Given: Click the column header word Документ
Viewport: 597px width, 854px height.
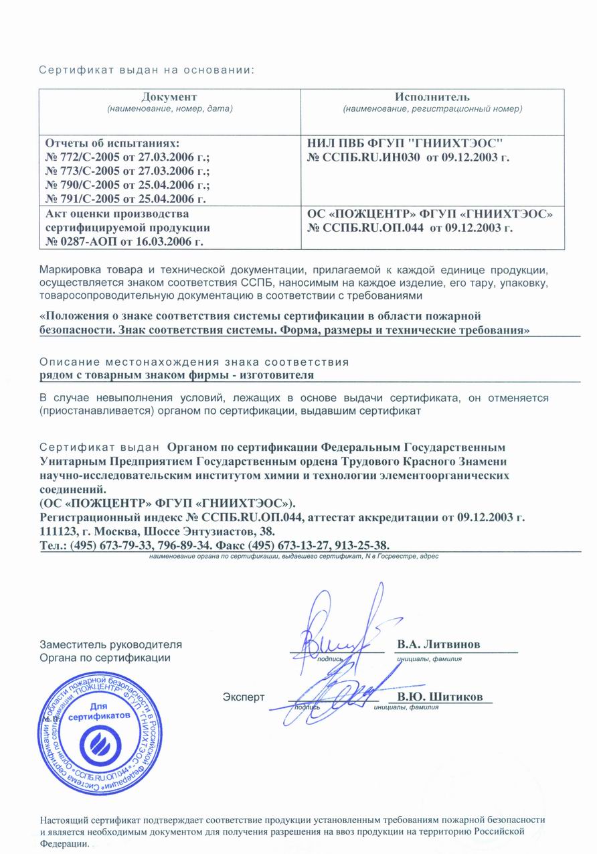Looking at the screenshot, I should (169, 97).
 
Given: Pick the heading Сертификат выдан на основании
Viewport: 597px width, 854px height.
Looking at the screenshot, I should (146, 70).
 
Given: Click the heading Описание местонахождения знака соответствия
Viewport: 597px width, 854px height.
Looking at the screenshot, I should (194, 362).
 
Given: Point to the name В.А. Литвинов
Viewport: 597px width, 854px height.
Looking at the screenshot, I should (438, 644).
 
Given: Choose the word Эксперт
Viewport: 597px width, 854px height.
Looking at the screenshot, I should (244, 697).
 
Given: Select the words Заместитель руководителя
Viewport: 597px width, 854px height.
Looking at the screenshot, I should (110, 644).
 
